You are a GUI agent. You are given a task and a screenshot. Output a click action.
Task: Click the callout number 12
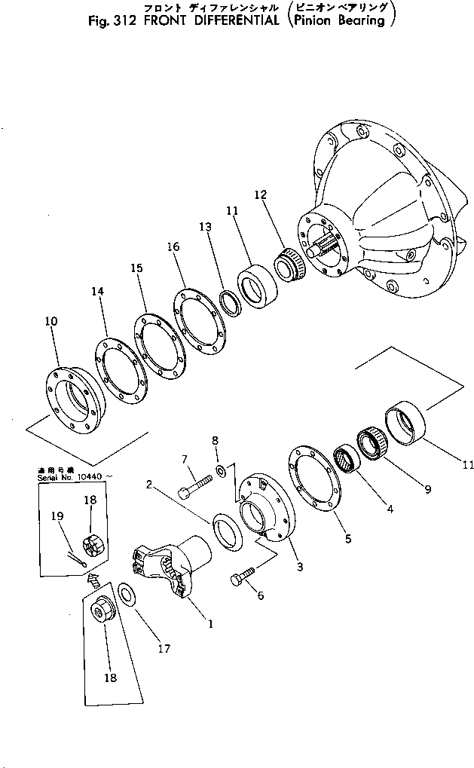260,194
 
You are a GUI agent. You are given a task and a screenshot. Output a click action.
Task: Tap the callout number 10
50,322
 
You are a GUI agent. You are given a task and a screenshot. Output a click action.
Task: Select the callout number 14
98,291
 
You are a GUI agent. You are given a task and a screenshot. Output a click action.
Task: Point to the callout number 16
173,246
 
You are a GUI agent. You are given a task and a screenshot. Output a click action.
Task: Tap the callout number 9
427,489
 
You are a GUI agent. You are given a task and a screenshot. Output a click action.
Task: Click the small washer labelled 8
219,471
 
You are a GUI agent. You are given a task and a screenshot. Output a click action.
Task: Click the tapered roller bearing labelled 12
286,265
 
